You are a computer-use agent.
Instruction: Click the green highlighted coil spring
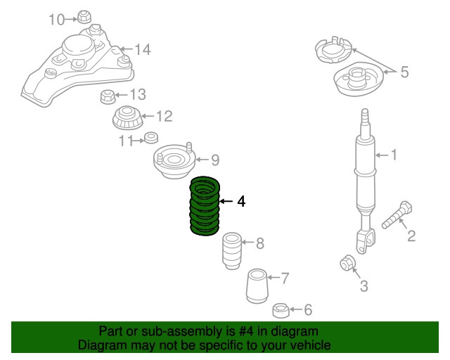[205, 206]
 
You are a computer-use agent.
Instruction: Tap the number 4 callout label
[240, 202]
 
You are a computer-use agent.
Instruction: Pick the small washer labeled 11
[150, 137]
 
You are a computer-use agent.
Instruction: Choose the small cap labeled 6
[281, 309]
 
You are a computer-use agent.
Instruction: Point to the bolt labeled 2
[397, 215]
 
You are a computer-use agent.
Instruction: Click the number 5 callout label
[404, 71]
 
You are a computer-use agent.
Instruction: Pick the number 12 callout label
[163, 116]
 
